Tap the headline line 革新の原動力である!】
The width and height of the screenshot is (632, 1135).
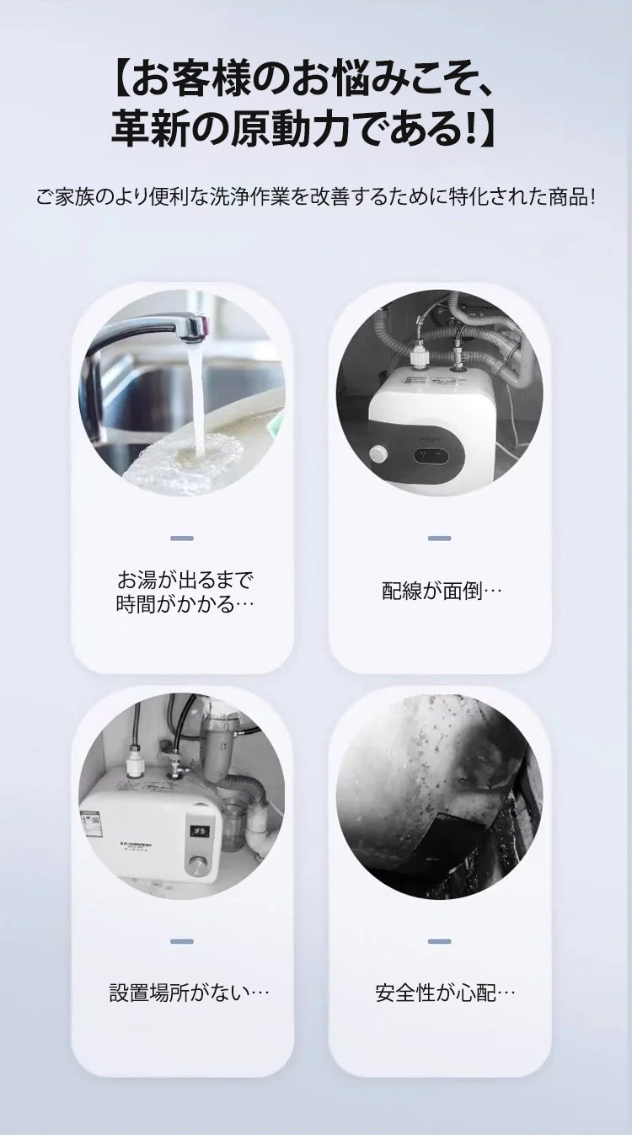(x=304, y=130)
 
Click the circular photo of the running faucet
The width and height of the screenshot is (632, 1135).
(x=182, y=394)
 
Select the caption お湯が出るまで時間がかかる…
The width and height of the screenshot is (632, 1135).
(x=185, y=592)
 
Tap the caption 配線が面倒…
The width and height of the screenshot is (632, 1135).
(x=442, y=591)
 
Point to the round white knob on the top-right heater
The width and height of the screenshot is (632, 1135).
(x=378, y=454)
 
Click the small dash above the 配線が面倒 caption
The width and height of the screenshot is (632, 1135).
(x=439, y=538)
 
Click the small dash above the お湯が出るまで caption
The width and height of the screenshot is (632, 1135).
(x=182, y=538)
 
